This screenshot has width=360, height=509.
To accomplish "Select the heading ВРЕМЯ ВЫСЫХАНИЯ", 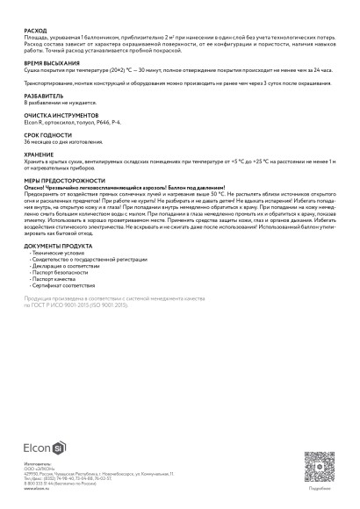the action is [49, 64].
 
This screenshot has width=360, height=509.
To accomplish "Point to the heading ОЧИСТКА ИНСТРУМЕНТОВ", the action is [57, 116].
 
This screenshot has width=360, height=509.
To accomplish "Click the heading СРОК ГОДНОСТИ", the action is [46, 135].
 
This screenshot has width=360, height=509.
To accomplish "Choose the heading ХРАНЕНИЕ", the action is [39, 154].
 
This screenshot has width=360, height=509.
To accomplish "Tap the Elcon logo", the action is [41, 446].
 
